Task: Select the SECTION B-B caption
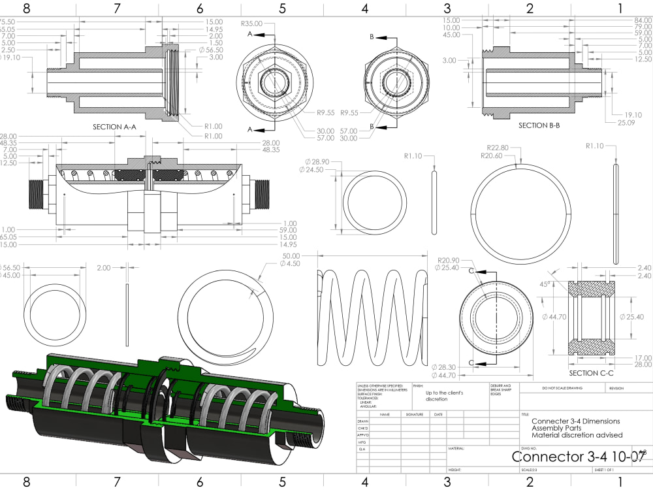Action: point(542,125)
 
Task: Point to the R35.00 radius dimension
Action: point(251,24)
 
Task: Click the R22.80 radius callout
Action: point(498,148)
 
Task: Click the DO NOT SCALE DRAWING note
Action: point(564,388)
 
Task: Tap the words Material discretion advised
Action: point(577,435)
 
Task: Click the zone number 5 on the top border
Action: point(282,8)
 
